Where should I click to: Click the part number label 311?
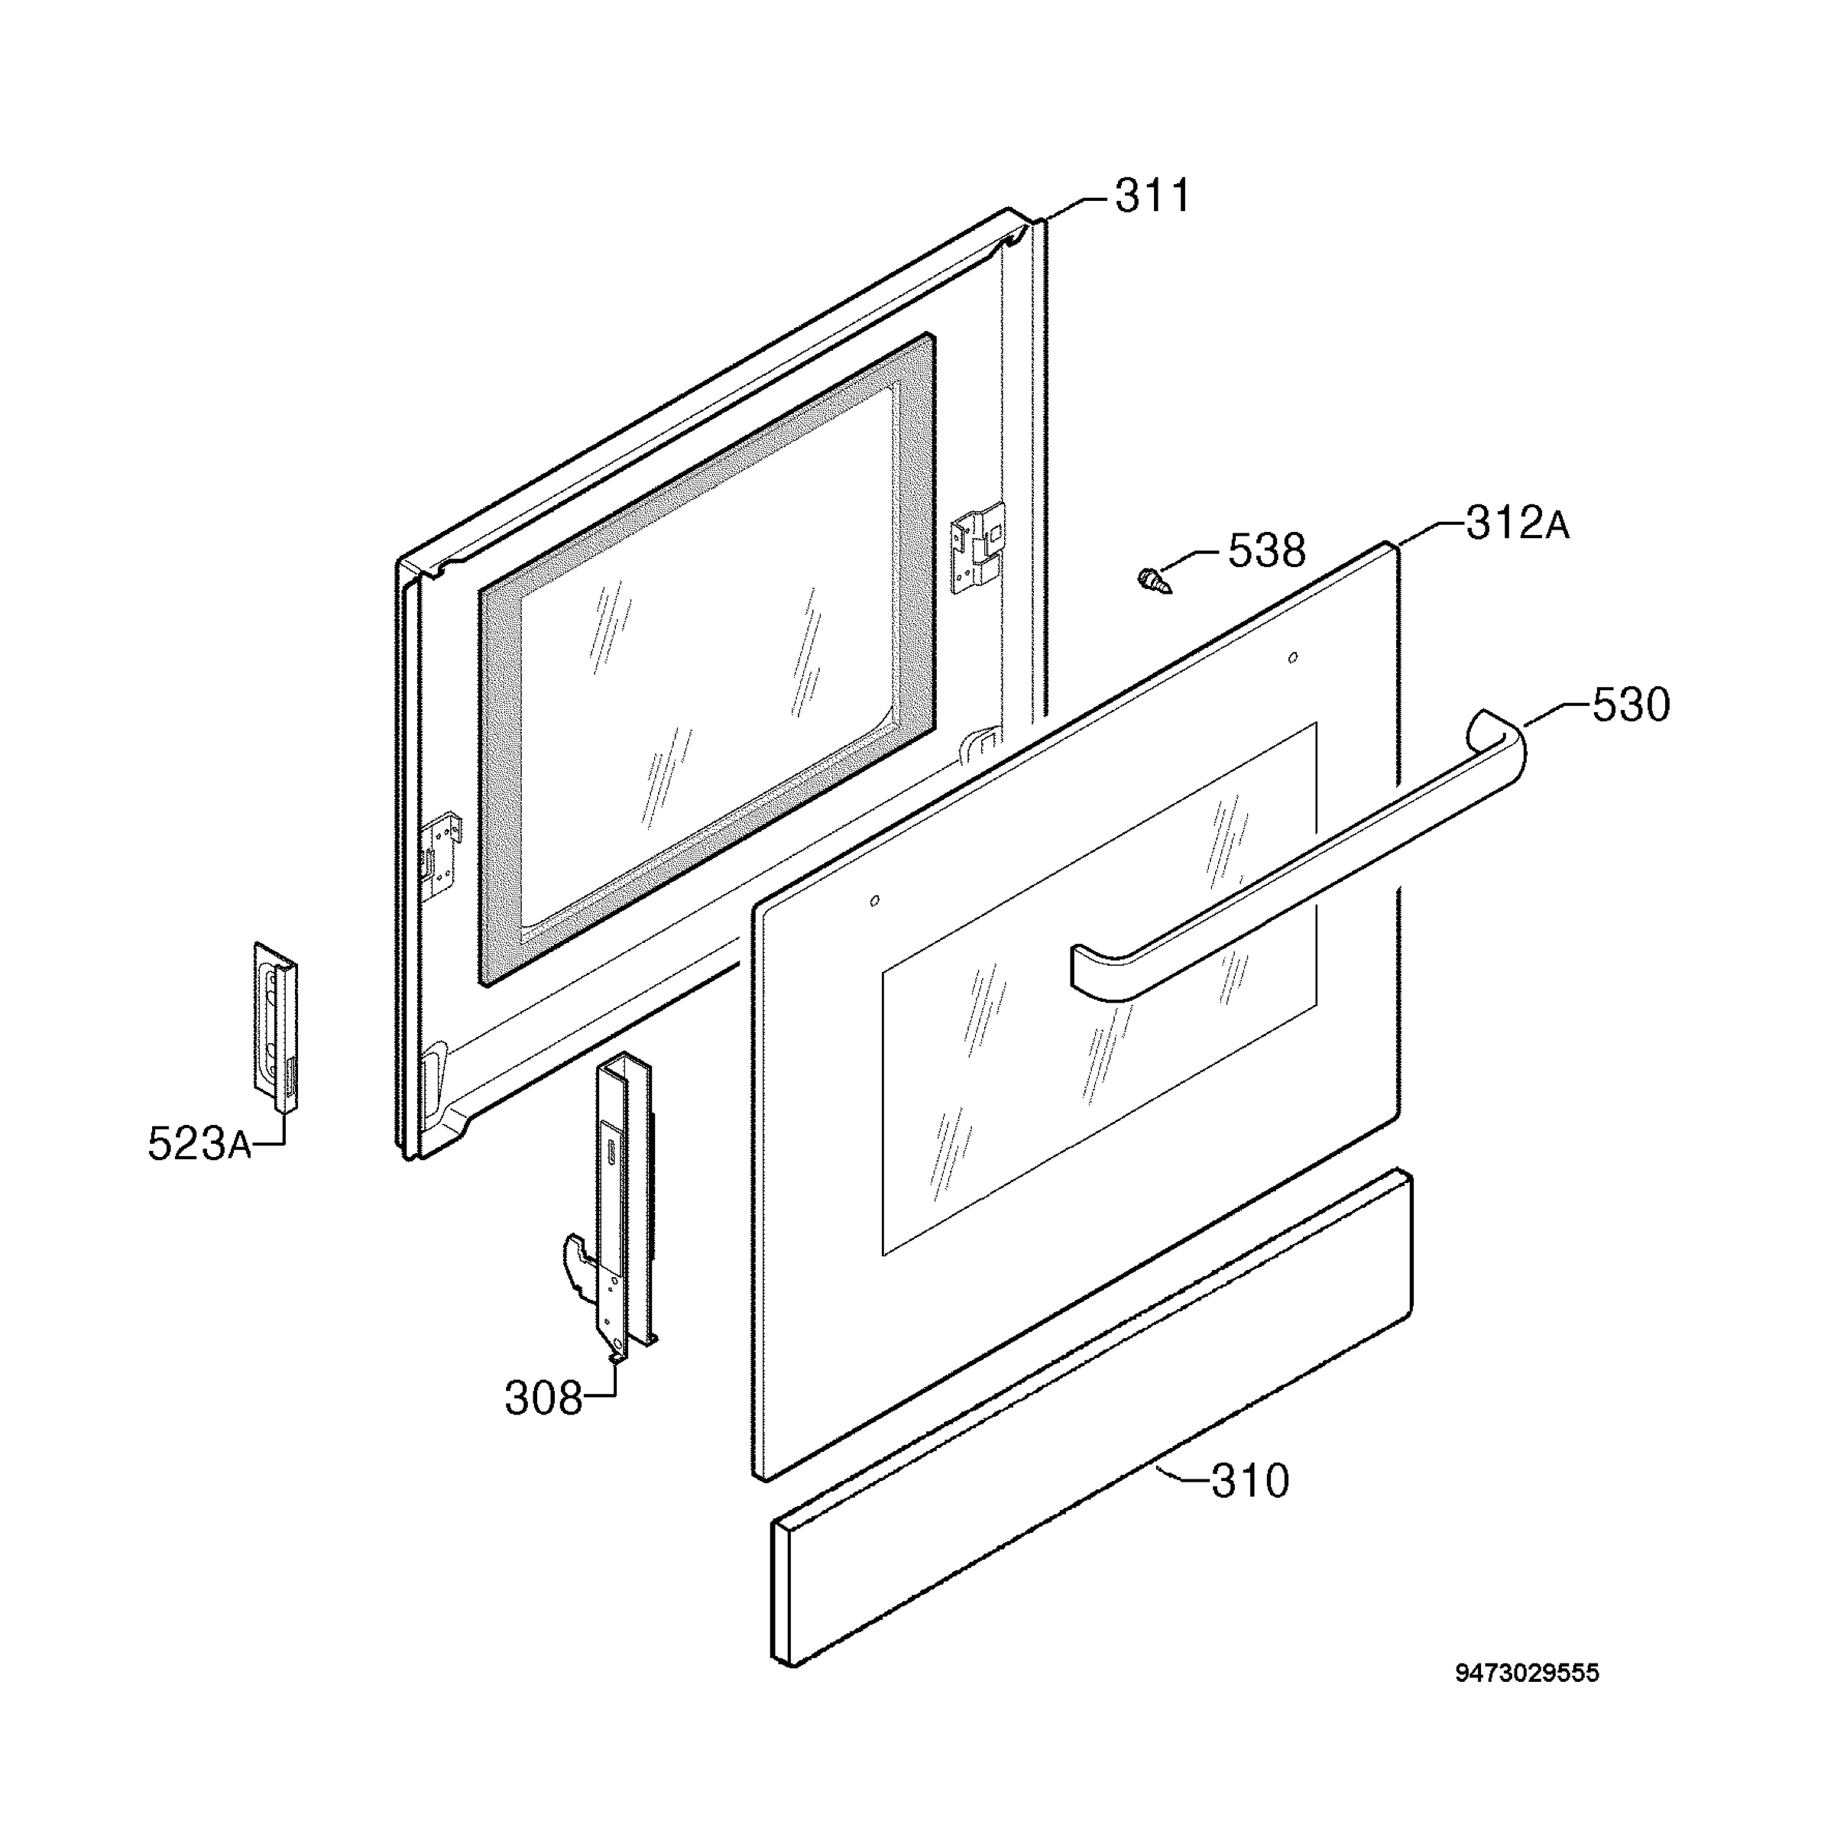click(x=1152, y=196)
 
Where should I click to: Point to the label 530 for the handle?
click(x=1631, y=705)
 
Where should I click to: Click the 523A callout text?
click(x=199, y=1144)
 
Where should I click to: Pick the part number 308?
click(x=543, y=1398)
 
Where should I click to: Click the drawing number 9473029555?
click(x=1528, y=1700)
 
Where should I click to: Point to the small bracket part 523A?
click(x=275, y=1026)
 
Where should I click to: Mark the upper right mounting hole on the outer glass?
click(x=1292, y=657)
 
